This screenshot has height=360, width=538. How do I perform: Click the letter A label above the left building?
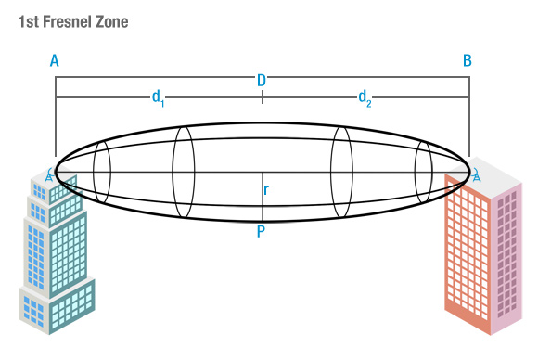point(55,60)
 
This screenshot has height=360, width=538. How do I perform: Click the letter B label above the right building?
point(468,60)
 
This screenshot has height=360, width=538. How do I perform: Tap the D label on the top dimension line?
point(262,81)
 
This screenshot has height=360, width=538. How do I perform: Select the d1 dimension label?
point(159,98)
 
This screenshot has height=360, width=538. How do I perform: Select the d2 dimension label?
point(365,98)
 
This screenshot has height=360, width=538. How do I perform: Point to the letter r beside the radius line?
point(266,189)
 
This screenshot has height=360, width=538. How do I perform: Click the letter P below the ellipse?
point(261,232)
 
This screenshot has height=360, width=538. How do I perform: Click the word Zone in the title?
point(112,21)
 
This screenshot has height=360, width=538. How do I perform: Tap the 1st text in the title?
point(29,21)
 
